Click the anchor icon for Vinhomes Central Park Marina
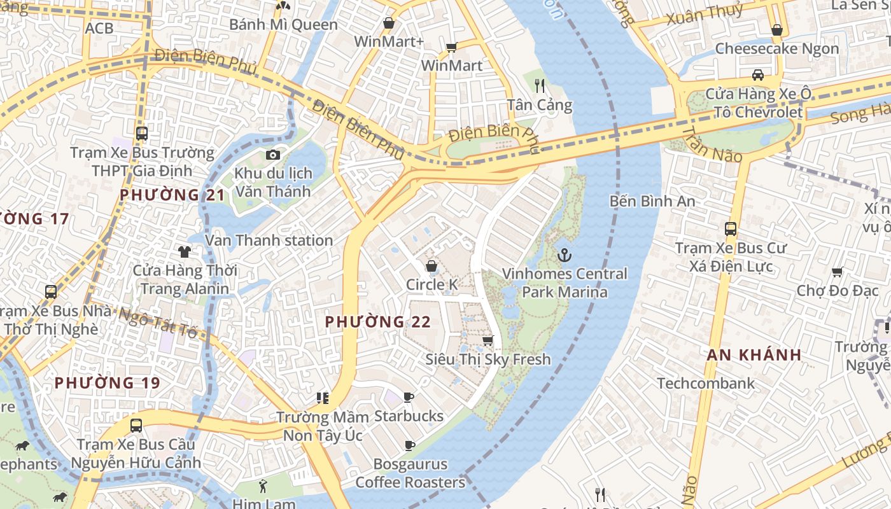[x=564, y=256]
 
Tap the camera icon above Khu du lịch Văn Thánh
[x=272, y=155]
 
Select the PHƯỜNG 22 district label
[x=378, y=322]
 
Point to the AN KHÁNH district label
[x=754, y=355]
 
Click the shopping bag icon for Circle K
[x=431, y=266]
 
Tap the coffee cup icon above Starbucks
[x=409, y=398]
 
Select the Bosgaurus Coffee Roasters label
[x=410, y=473]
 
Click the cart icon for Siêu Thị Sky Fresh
[x=488, y=341]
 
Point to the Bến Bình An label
[x=652, y=201]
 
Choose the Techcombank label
[x=706, y=383]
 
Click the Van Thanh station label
[x=269, y=241]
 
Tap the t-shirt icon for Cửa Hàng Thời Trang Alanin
[x=185, y=251]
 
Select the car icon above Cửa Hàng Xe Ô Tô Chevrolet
[x=757, y=75]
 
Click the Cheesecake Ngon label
[x=777, y=48]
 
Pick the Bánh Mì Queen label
[x=283, y=25]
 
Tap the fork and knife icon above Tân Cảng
[x=540, y=86]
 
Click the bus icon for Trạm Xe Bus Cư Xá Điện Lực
[x=731, y=229]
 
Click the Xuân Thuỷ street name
[x=705, y=14]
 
